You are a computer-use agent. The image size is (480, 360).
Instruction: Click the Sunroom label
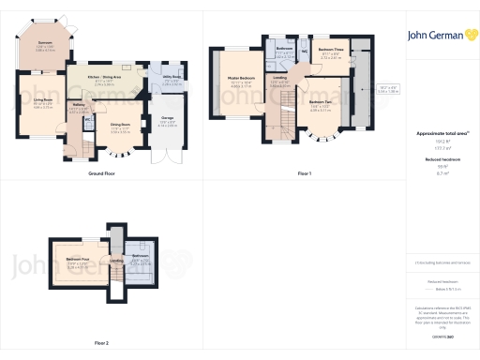pos(44,43)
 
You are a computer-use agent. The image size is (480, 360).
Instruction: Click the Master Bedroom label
pos(241,80)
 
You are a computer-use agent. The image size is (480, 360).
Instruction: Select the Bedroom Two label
pos(321,105)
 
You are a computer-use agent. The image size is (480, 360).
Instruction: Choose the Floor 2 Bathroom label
pos(140,256)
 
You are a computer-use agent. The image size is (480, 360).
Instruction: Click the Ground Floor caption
pos(101,174)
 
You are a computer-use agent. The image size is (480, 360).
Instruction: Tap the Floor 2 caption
pos(101,343)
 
